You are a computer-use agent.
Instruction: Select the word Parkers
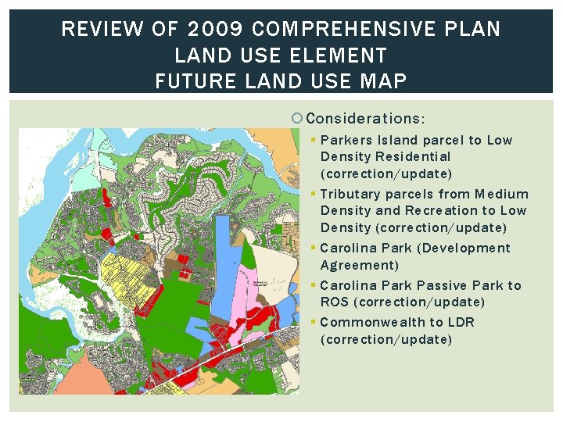(x=346, y=141)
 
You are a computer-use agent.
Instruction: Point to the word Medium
(x=501, y=194)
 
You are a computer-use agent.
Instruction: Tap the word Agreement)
(x=360, y=266)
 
